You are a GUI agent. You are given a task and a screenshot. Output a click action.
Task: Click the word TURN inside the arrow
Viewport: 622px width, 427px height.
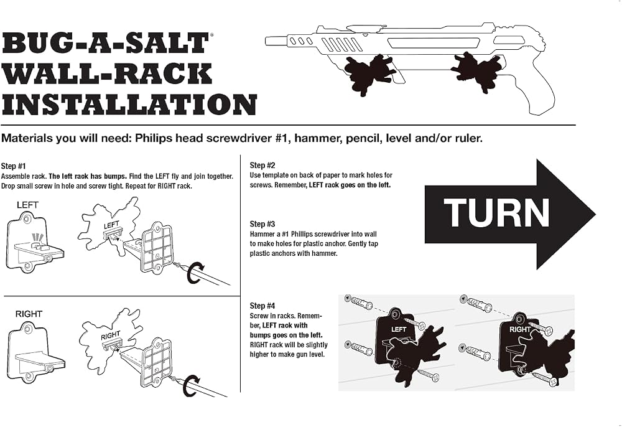pyautogui.click(x=496, y=213)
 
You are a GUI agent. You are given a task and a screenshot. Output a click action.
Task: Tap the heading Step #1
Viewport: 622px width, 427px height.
pyautogui.click(x=13, y=166)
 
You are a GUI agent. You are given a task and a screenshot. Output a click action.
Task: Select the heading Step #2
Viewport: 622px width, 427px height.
pyautogui.click(x=262, y=165)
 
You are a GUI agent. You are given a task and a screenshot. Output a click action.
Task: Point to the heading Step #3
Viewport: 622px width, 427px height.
pyautogui.click(x=262, y=224)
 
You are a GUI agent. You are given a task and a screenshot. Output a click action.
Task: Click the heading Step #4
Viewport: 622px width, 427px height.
pyautogui.click(x=262, y=306)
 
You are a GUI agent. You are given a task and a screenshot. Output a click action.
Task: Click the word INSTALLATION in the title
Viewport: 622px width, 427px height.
pyautogui.click(x=129, y=105)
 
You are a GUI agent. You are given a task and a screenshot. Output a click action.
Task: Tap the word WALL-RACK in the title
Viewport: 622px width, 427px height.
pyautogui.click(x=107, y=74)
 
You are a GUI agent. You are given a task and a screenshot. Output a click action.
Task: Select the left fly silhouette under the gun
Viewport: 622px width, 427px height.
pyautogui.click(x=369, y=74)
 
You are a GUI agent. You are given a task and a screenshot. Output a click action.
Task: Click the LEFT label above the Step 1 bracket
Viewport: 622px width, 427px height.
pyautogui.click(x=27, y=205)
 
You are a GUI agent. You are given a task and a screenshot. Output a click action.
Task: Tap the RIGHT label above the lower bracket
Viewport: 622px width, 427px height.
pyautogui.click(x=29, y=314)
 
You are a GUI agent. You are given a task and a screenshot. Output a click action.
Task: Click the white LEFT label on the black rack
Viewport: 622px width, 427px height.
pyautogui.click(x=398, y=329)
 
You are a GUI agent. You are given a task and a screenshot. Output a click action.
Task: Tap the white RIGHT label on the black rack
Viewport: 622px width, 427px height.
pyautogui.click(x=519, y=329)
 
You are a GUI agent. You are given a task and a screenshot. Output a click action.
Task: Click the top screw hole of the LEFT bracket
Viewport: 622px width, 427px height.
pyautogui.click(x=27, y=218)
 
